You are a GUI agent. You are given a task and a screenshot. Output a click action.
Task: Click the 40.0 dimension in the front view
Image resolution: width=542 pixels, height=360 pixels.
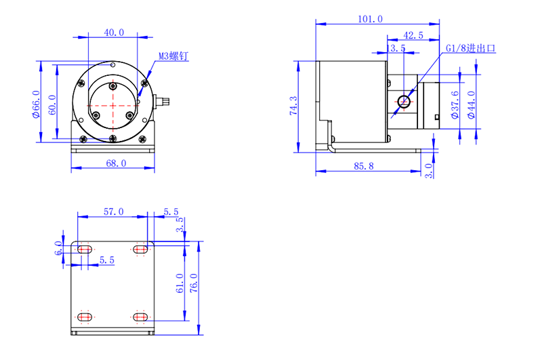[x=114, y=33]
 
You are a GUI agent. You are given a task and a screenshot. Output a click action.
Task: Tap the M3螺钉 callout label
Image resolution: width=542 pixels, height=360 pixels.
[x=173, y=56]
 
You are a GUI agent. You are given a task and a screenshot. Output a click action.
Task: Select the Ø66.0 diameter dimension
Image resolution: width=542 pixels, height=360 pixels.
[x=36, y=103]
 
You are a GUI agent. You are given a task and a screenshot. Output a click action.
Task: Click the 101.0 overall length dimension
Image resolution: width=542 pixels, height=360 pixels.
[x=370, y=19]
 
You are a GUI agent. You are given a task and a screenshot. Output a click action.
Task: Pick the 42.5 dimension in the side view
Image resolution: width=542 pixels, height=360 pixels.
[x=413, y=35]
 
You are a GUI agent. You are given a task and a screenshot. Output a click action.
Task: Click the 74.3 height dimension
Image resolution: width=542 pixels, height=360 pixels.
[x=293, y=106]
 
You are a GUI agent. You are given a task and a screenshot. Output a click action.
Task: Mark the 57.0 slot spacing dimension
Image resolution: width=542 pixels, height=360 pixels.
[x=112, y=212]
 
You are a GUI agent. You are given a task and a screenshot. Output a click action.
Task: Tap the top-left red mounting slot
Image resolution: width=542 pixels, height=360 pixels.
[x=85, y=250]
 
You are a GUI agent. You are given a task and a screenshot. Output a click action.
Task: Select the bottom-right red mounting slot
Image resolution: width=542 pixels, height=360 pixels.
[x=141, y=317]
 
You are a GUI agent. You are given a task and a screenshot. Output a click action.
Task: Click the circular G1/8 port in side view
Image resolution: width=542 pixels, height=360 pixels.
[x=404, y=102]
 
